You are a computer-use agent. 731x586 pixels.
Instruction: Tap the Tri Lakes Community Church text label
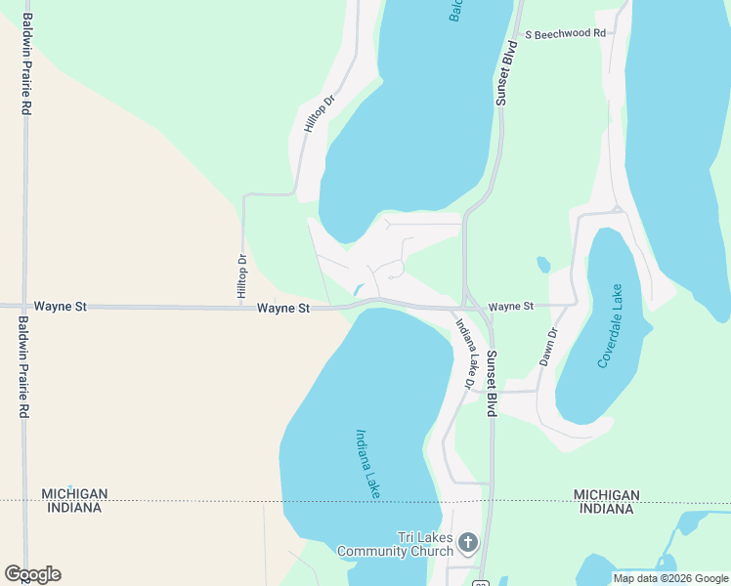point(395,544)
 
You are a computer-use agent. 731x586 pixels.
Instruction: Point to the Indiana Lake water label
point(367,465)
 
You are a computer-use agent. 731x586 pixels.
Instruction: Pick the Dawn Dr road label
point(547,347)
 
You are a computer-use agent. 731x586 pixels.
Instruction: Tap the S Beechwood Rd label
point(565,33)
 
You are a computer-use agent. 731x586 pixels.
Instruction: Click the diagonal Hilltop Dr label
point(319,113)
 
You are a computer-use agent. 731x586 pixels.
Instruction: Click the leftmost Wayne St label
point(61,307)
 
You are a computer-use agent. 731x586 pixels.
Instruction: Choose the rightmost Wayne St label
point(511,307)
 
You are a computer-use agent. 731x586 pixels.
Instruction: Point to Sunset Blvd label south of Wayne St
point(493,384)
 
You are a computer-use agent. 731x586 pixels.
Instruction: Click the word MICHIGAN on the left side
point(74,494)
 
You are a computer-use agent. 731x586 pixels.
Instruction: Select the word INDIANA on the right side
point(607,508)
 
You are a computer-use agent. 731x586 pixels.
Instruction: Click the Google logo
point(32,574)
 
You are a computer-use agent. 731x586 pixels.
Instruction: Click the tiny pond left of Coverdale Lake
point(543,265)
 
